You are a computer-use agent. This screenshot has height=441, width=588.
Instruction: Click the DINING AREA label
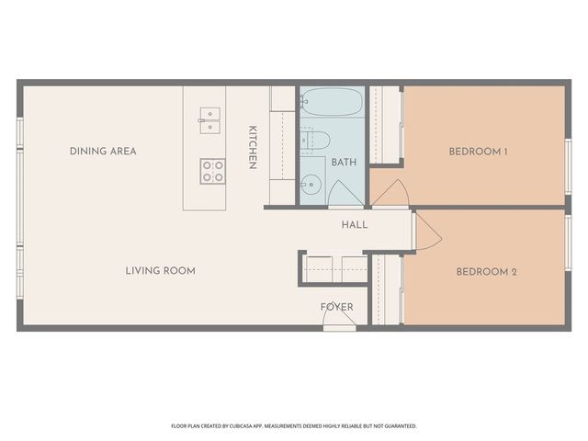point(103,151)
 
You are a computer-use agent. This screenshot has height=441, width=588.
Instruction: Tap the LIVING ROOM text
point(161,271)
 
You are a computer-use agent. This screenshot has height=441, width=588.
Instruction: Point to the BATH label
point(344,163)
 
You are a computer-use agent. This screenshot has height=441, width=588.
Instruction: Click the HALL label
point(355,224)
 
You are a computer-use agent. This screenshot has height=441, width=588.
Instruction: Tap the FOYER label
point(336,307)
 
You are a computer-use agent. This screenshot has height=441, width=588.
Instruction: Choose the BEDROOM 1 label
point(478,152)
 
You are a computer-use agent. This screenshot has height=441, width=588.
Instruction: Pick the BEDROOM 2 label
point(487,272)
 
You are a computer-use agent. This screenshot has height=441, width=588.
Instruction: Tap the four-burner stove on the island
point(212,170)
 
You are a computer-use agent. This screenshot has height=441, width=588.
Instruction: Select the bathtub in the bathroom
point(332,101)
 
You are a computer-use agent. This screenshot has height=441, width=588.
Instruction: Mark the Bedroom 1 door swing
point(390,193)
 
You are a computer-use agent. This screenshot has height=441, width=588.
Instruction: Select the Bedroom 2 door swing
point(426,231)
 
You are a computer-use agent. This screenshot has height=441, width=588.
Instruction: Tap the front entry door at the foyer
point(339,319)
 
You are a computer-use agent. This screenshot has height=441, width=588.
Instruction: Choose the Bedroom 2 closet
point(387,289)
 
